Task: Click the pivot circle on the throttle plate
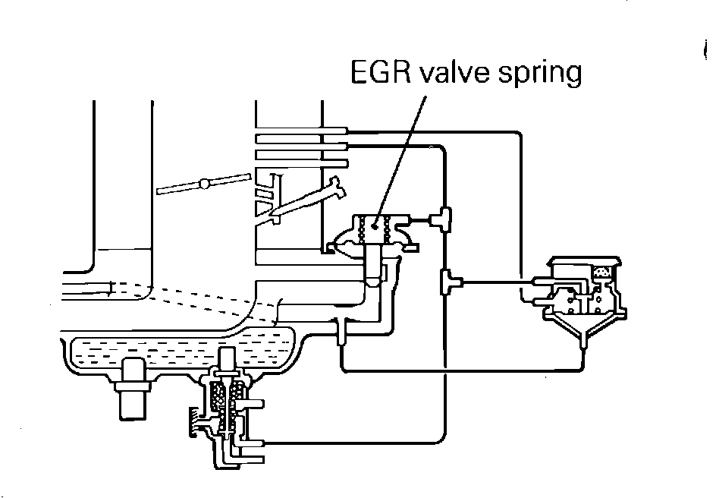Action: coord(203,183)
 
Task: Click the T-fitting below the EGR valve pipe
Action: coord(341,328)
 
